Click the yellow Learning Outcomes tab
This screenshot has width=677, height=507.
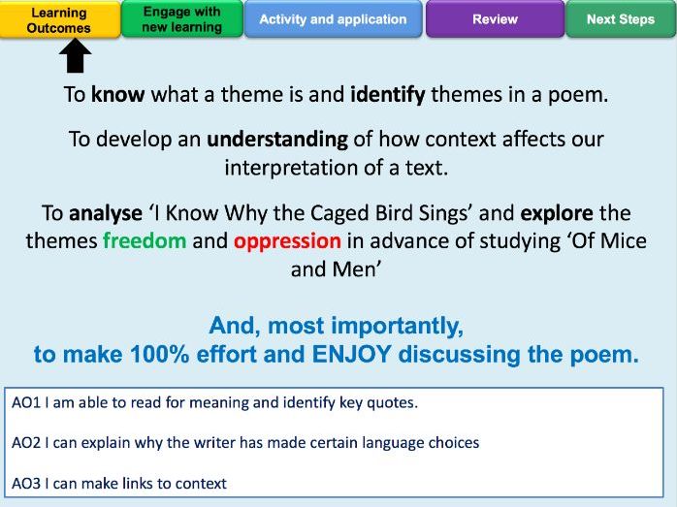coord(60,19)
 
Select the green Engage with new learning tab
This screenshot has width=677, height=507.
coord(182,19)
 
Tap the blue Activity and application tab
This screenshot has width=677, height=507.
coord(333,19)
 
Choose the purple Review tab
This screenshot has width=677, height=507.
coord(495,19)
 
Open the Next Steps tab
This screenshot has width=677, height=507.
coord(621,19)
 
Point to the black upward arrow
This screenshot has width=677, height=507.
coord(75,55)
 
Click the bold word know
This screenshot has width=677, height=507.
coord(118,94)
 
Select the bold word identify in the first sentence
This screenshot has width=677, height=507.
coord(388,95)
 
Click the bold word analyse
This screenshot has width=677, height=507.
coord(106,213)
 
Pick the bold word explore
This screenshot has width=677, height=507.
coord(557,213)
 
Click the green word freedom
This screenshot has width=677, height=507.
coord(145,240)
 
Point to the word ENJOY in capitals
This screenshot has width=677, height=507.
coord(351,354)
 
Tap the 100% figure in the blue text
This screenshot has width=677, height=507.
coord(160,354)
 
